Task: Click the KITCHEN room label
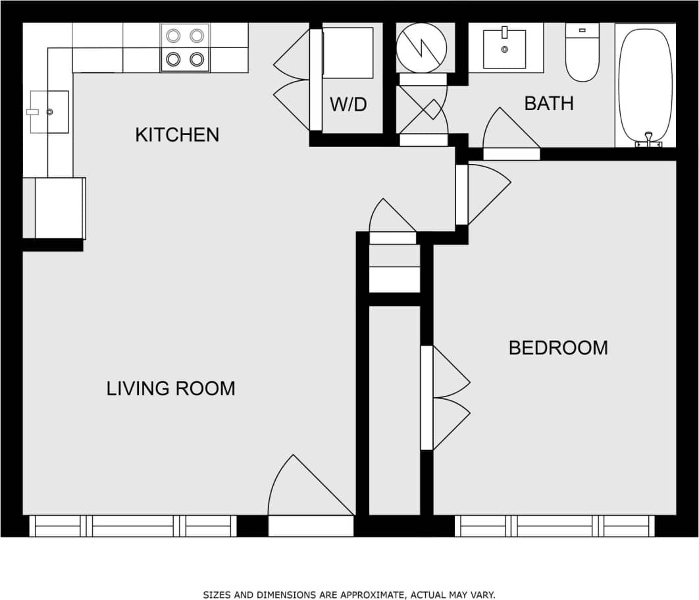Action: click(176, 135)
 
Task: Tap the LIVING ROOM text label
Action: click(170, 389)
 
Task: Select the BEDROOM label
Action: click(558, 348)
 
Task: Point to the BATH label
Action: click(548, 103)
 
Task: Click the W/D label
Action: click(348, 104)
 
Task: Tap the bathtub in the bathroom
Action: click(645, 84)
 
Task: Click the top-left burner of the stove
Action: click(174, 36)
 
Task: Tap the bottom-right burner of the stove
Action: click(196, 59)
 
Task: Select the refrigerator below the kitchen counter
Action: click(60, 208)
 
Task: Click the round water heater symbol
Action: click(421, 47)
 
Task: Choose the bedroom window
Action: click(554, 526)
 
